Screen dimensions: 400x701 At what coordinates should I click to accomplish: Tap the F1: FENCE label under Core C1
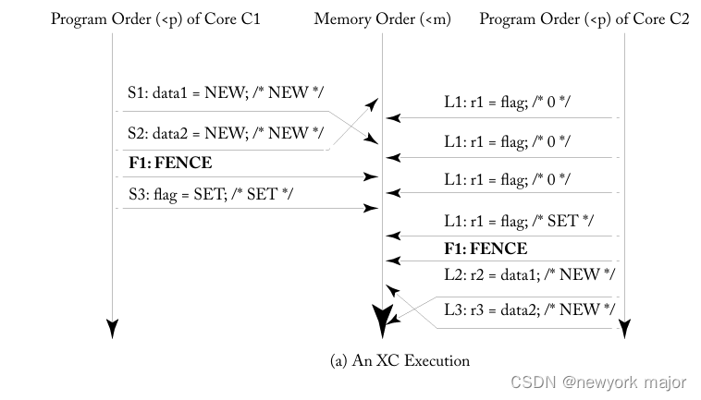(x=169, y=164)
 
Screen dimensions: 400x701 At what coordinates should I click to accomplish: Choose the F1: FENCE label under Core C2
(x=486, y=248)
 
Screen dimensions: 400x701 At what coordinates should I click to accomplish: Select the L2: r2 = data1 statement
(x=529, y=274)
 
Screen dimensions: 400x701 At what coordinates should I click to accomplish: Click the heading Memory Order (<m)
(x=383, y=18)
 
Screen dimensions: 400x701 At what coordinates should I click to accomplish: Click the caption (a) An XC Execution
(x=400, y=361)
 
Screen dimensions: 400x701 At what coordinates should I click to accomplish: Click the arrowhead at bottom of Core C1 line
(x=112, y=328)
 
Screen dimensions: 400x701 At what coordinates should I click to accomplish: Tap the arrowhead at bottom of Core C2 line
(x=625, y=328)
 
